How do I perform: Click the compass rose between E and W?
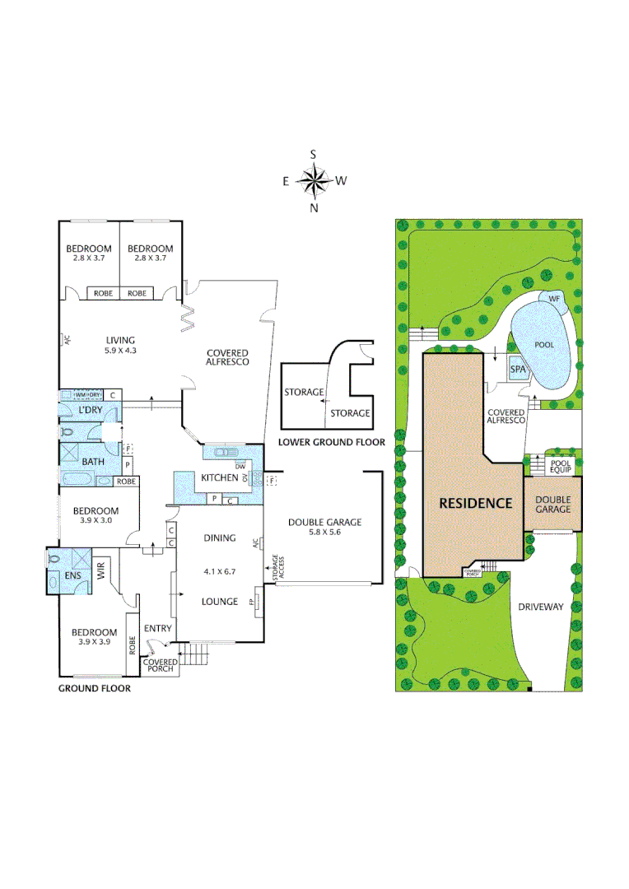pyautogui.click(x=313, y=180)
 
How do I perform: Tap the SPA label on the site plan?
pyautogui.click(x=518, y=370)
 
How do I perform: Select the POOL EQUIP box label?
pyautogui.click(x=561, y=467)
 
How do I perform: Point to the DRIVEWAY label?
pyautogui.click(x=541, y=607)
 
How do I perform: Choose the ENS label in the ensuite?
pyautogui.click(x=73, y=575)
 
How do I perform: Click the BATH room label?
pyautogui.click(x=92, y=461)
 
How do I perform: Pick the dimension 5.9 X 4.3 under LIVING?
pyautogui.click(x=120, y=351)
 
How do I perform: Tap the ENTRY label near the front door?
pyautogui.click(x=157, y=629)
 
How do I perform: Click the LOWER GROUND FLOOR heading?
pyautogui.click(x=331, y=442)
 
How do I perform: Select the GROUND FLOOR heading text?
pyautogui.click(x=93, y=688)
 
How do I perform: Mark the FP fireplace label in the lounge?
pyautogui.click(x=252, y=603)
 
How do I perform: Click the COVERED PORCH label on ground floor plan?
pyautogui.click(x=159, y=666)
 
